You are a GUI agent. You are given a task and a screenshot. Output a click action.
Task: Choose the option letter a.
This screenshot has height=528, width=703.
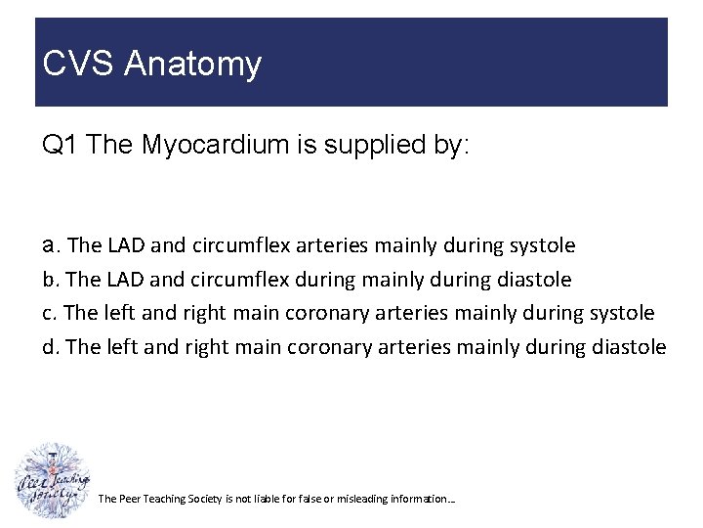(x=49, y=245)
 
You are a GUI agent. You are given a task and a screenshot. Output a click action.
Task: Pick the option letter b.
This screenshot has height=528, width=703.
(x=49, y=280)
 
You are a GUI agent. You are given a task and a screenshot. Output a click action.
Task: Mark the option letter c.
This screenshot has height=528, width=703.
(x=48, y=314)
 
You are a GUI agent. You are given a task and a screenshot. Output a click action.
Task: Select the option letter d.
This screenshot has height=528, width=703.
(x=49, y=347)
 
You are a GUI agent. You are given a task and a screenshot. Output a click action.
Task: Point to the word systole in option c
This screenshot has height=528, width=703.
(x=622, y=314)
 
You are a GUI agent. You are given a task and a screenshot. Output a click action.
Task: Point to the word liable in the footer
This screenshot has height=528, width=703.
(x=267, y=500)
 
